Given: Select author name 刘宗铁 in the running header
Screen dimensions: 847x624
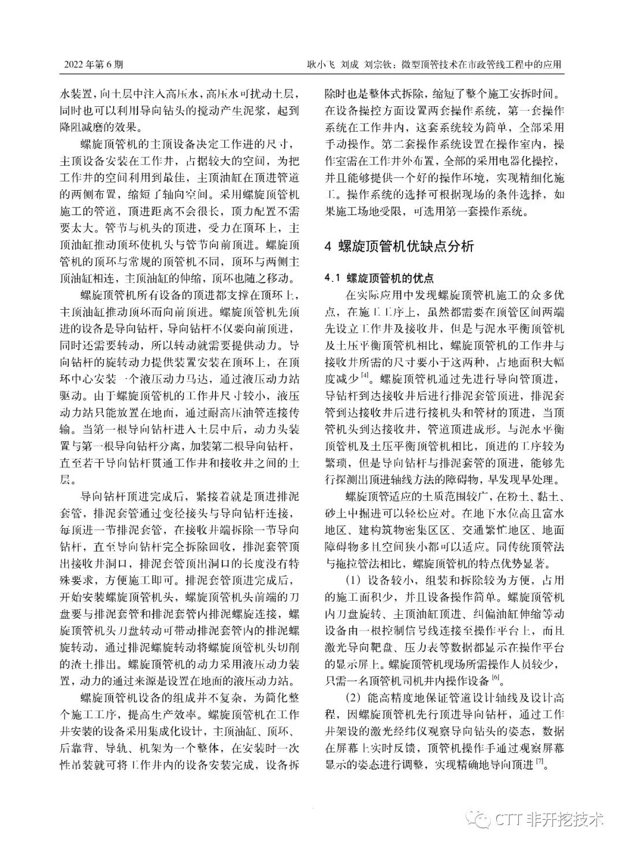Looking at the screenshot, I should pos(378,65).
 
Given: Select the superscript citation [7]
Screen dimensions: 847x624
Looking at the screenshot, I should pos(541,762).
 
